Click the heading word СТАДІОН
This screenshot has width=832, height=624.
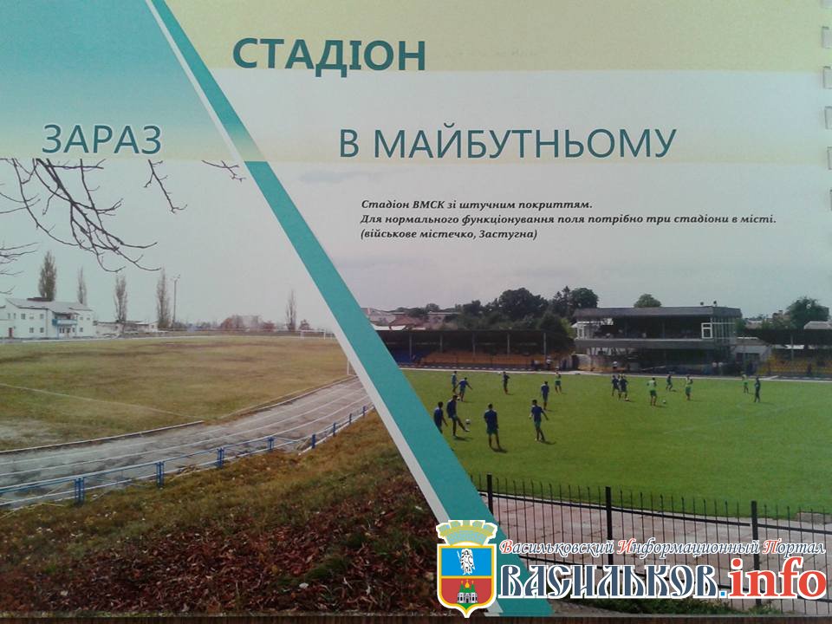(x=329, y=55)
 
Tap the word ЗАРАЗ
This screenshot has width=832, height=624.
(x=102, y=140)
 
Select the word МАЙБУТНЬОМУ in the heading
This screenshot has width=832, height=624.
(x=525, y=143)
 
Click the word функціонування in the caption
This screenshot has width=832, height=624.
(x=495, y=219)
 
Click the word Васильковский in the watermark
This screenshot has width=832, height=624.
(x=561, y=547)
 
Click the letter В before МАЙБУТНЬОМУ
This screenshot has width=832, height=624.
(x=349, y=143)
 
